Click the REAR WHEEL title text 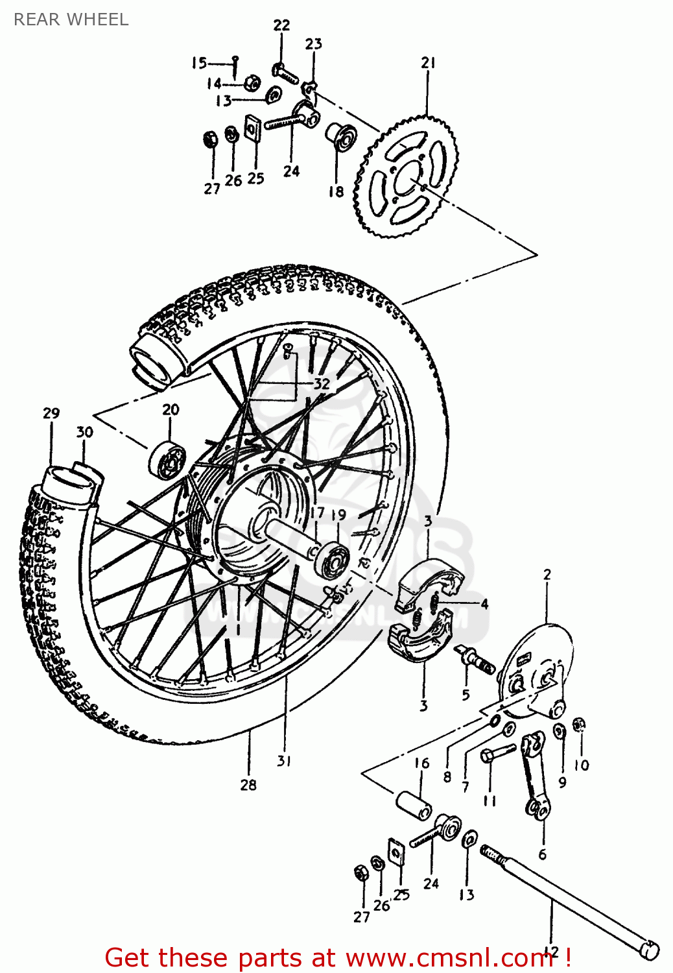71,19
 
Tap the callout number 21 428,63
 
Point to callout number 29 51,413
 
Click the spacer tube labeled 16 414,804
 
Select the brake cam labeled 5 476,661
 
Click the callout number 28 248,785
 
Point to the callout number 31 284,761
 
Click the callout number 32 322,383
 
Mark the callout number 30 84,432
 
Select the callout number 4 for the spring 484,604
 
